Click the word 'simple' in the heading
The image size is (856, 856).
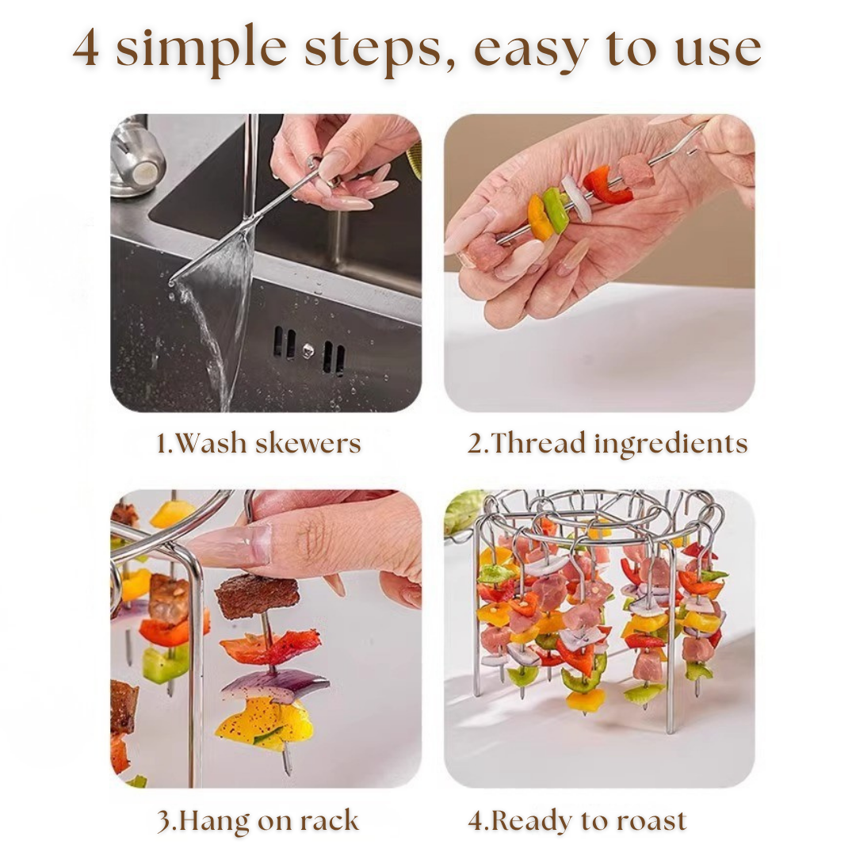pyautogui.click(x=201, y=50)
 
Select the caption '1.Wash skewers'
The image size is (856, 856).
pyautogui.click(x=258, y=443)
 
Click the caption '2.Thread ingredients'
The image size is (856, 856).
pyautogui.click(x=607, y=443)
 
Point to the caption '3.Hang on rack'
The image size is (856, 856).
pyautogui.click(x=258, y=820)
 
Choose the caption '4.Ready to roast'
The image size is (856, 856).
pyautogui.click(x=577, y=820)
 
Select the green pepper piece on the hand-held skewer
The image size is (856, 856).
pyautogui.click(x=556, y=208)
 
